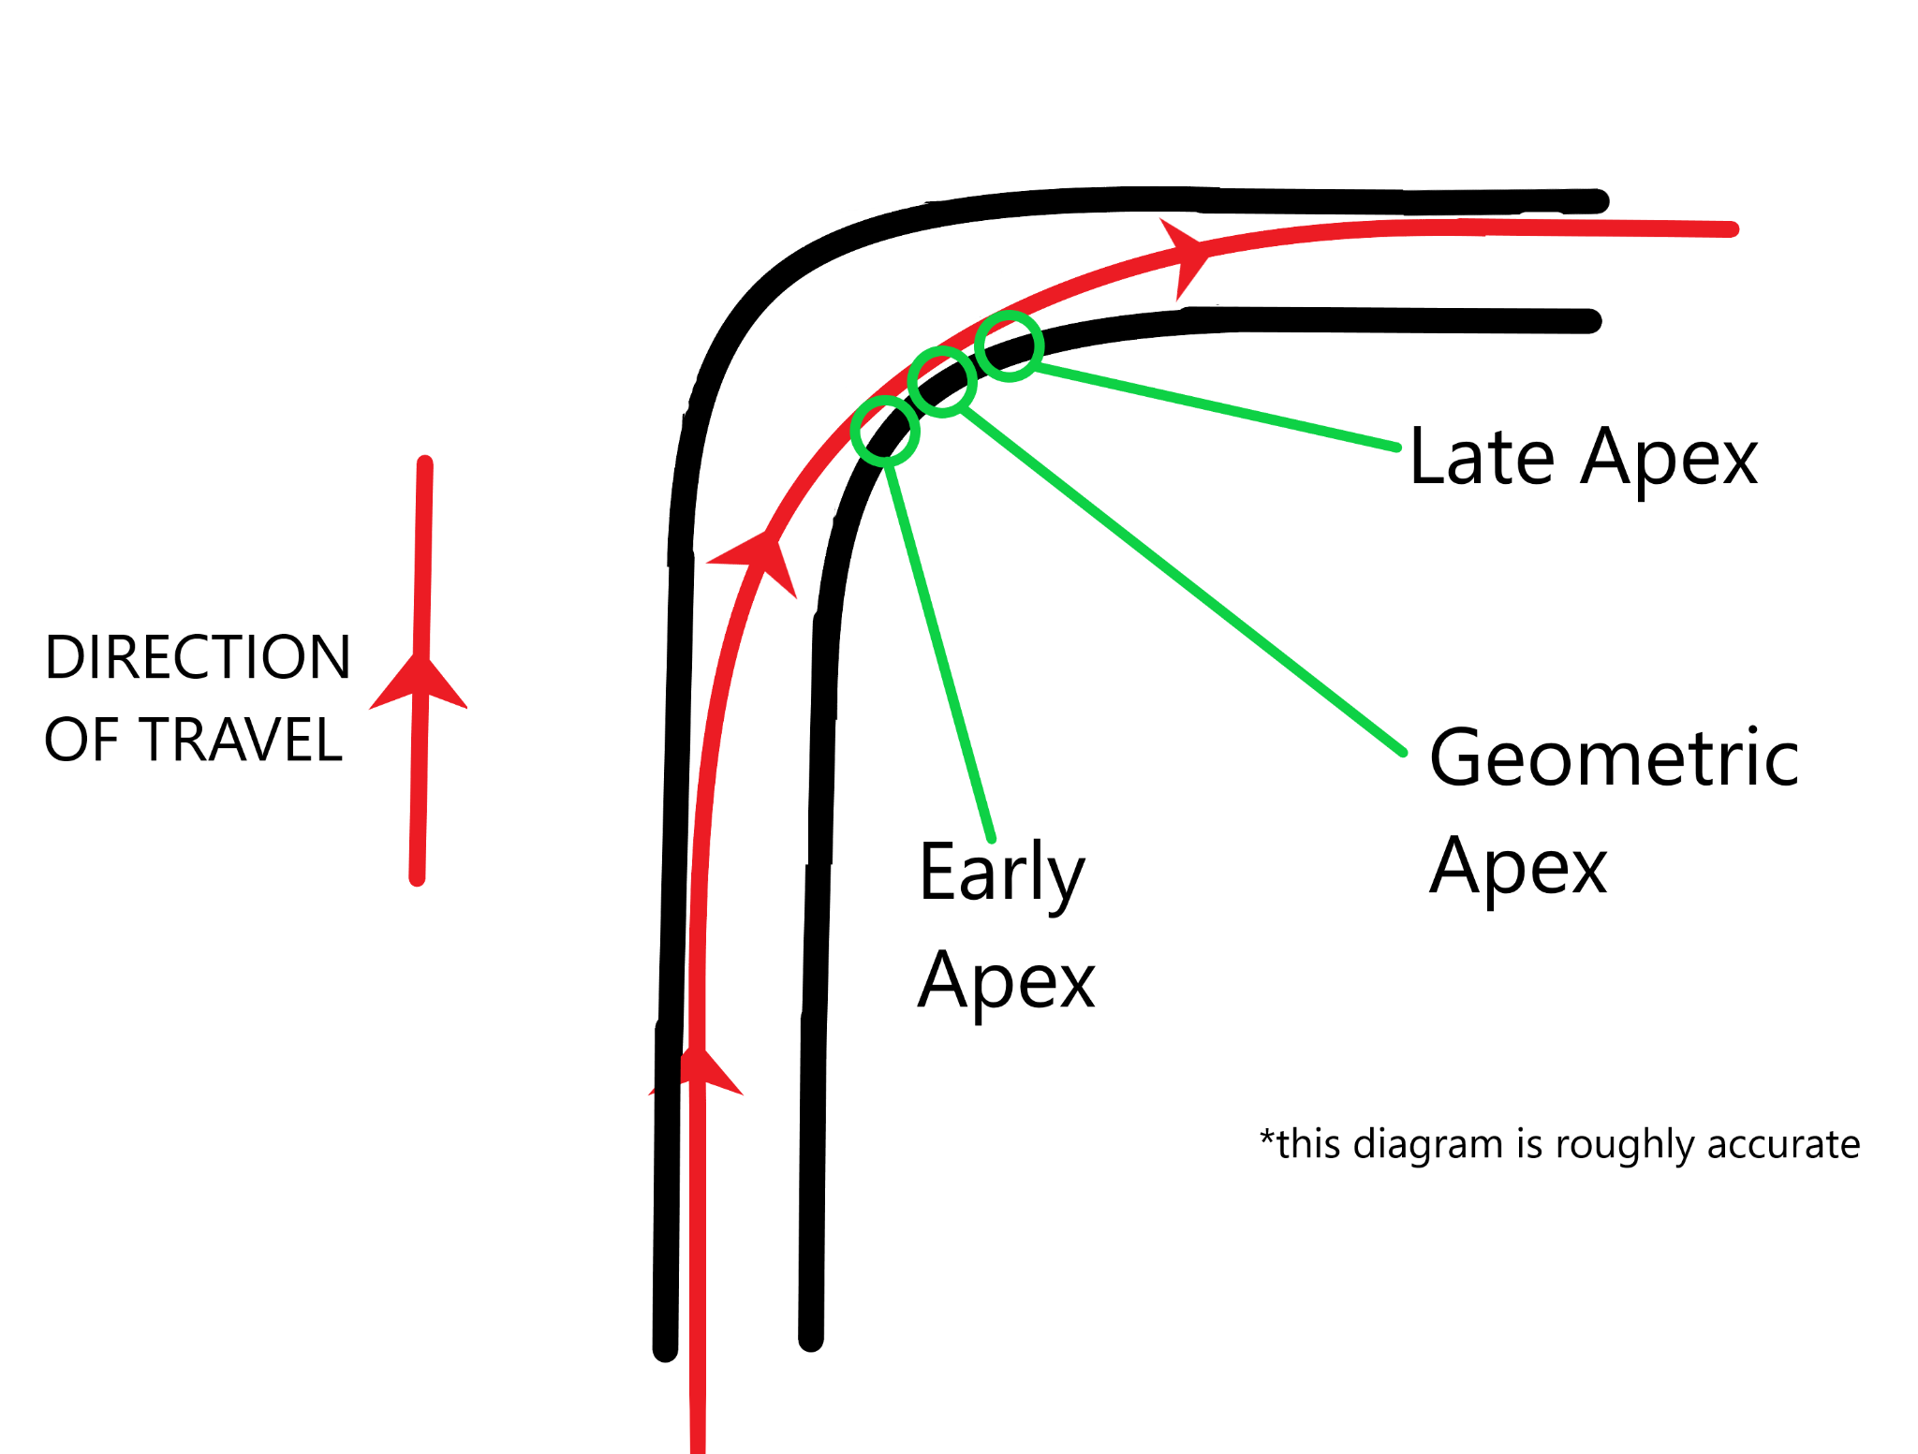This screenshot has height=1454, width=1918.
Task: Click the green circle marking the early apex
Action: pyautogui.click(x=885, y=431)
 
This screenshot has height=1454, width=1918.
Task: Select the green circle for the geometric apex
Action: pyautogui.click(x=943, y=381)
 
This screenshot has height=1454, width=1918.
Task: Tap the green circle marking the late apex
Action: pyautogui.click(x=1009, y=345)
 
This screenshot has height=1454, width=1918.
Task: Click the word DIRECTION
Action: pyautogui.click(x=198, y=657)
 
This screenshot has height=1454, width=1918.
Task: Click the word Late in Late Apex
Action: pyautogui.click(x=1482, y=458)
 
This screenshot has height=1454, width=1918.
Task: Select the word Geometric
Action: pyautogui.click(x=1614, y=758)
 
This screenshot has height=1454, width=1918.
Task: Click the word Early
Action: pyautogui.click(x=1001, y=873)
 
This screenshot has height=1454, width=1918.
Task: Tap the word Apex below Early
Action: pyautogui.click(x=1006, y=981)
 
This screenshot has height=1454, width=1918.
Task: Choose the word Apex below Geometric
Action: pyautogui.click(x=1517, y=867)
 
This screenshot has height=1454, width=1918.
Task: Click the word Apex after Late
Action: pyautogui.click(x=1669, y=458)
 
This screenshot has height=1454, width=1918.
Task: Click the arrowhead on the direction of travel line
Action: pyautogui.click(x=420, y=683)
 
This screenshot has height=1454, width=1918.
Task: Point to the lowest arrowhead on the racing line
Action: pyautogui.click(x=698, y=1072)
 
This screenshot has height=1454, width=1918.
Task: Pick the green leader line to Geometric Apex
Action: pyautogui.click(x=1180, y=579)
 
